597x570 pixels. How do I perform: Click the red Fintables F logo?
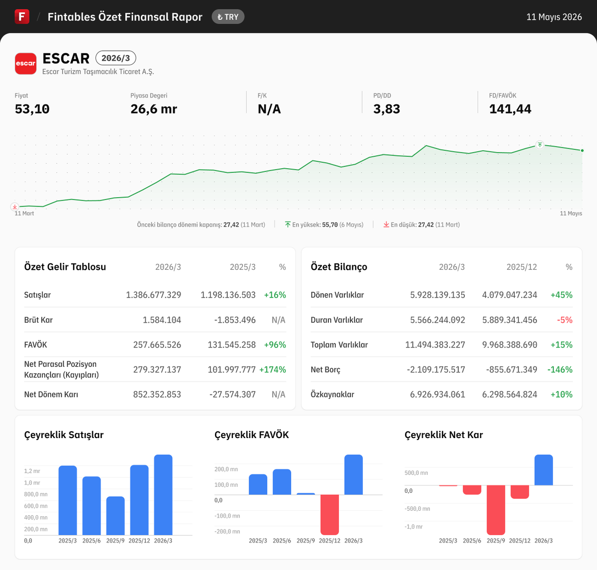tap(22, 16)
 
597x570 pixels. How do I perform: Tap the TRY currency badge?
tap(228, 17)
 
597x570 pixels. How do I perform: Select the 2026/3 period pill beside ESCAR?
tap(116, 58)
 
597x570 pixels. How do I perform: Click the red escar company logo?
tap(25, 64)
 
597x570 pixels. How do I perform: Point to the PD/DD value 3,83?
tap(387, 109)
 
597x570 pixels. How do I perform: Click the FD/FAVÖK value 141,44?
tap(510, 109)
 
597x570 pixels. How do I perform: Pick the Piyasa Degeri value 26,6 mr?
tap(154, 109)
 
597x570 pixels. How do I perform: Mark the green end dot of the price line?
tap(582, 150)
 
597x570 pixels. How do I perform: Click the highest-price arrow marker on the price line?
tap(540, 145)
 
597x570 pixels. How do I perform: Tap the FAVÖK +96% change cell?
tap(275, 345)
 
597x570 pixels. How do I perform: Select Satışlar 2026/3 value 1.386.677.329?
tap(153, 295)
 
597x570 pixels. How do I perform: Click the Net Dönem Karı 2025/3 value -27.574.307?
tap(233, 394)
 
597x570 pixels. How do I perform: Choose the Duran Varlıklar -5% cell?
tap(565, 320)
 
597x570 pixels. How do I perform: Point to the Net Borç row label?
tap(325, 370)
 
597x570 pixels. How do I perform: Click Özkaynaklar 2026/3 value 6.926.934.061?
tap(437, 394)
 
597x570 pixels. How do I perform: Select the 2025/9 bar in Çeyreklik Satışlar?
tap(115, 516)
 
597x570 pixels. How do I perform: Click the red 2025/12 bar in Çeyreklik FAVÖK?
tap(329, 514)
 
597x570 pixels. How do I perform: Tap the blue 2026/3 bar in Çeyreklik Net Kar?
tap(544, 470)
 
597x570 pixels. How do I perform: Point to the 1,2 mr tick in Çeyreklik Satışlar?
tap(32, 471)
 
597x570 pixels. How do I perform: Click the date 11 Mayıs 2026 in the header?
tap(554, 17)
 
